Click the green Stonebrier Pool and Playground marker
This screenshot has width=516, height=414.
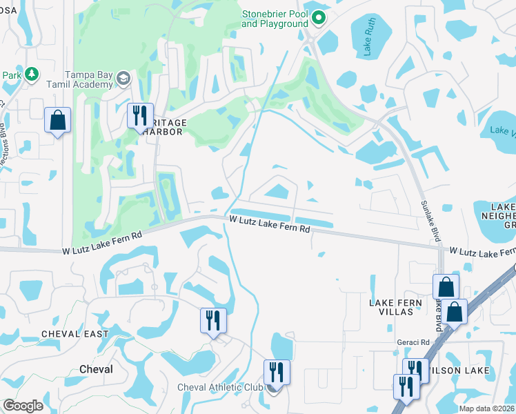click(x=319, y=18)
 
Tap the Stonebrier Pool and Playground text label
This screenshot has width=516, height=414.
click(x=275, y=19)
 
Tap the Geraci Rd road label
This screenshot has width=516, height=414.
click(x=413, y=342)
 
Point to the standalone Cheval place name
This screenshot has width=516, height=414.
click(x=96, y=369)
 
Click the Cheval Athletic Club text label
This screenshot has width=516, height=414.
click(x=220, y=387)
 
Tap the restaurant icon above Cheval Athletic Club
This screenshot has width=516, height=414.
click(x=276, y=372)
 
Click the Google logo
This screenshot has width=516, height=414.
click(x=23, y=405)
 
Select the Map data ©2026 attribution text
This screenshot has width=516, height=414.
click(x=486, y=408)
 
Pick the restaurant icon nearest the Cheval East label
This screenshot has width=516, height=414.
click(x=213, y=320)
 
